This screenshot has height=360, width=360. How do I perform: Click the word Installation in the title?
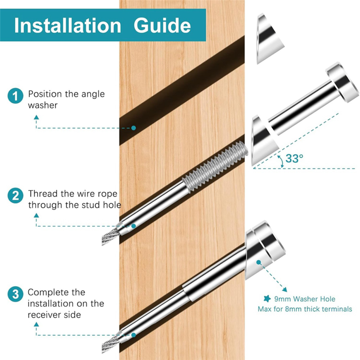click(68, 25)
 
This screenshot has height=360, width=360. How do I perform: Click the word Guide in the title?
click(162, 25)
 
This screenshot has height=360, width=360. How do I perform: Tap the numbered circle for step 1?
click(15, 96)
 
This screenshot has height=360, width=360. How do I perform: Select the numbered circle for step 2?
click(15, 196)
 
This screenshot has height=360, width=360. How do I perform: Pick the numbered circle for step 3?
click(15, 294)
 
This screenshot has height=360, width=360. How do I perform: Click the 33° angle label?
click(294, 158)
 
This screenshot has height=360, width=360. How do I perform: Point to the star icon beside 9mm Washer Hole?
click(267, 299)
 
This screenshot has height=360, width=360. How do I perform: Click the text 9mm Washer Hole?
click(305, 299)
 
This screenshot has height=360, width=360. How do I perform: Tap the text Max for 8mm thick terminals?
click(305, 309)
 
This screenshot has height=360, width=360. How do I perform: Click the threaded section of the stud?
click(216, 166)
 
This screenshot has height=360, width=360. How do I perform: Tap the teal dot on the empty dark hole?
click(133, 128)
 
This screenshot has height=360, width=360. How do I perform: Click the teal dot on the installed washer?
click(259, 262)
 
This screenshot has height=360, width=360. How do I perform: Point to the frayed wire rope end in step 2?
click(111, 237)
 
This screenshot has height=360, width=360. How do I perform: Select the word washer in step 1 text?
click(43, 105)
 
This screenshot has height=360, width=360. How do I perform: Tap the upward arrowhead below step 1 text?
click(36, 117)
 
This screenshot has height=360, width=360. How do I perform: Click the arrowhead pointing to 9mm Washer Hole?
click(285, 289)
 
